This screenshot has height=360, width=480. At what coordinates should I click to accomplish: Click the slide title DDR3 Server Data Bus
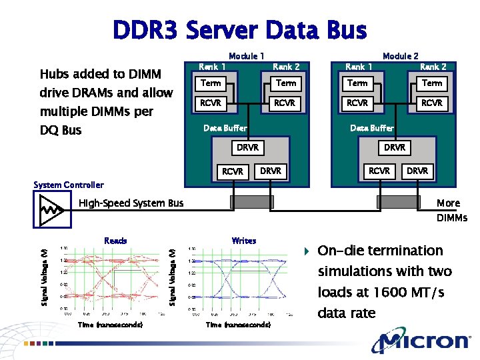click(x=239, y=30)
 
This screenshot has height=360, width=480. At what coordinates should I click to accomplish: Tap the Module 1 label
click(x=247, y=57)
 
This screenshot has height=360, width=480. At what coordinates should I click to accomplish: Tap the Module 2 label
click(x=400, y=57)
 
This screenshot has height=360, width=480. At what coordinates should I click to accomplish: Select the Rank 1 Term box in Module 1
click(x=211, y=83)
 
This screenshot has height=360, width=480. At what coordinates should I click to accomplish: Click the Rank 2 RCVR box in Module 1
click(x=286, y=103)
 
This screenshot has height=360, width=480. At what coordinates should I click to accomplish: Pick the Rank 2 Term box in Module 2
click(x=432, y=83)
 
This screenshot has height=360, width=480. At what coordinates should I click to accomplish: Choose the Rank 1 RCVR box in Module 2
click(x=358, y=103)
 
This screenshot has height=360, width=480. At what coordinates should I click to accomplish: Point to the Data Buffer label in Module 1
click(x=225, y=128)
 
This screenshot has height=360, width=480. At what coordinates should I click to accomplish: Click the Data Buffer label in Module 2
click(x=372, y=128)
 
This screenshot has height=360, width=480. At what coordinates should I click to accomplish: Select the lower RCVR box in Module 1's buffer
click(x=233, y=171)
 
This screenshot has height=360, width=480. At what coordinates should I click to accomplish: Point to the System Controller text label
click(x=68, y=185)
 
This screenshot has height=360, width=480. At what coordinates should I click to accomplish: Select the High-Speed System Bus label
click(x=131, y=203)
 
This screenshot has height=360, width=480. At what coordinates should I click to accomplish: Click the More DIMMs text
click(x=451, y=211)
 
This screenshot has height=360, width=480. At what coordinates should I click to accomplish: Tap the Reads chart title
click(x=115, y=241)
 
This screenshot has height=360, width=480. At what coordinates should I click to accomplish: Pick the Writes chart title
click(x=243, y=241)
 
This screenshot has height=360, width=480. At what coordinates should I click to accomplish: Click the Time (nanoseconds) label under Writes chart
click(x=238, y=325)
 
